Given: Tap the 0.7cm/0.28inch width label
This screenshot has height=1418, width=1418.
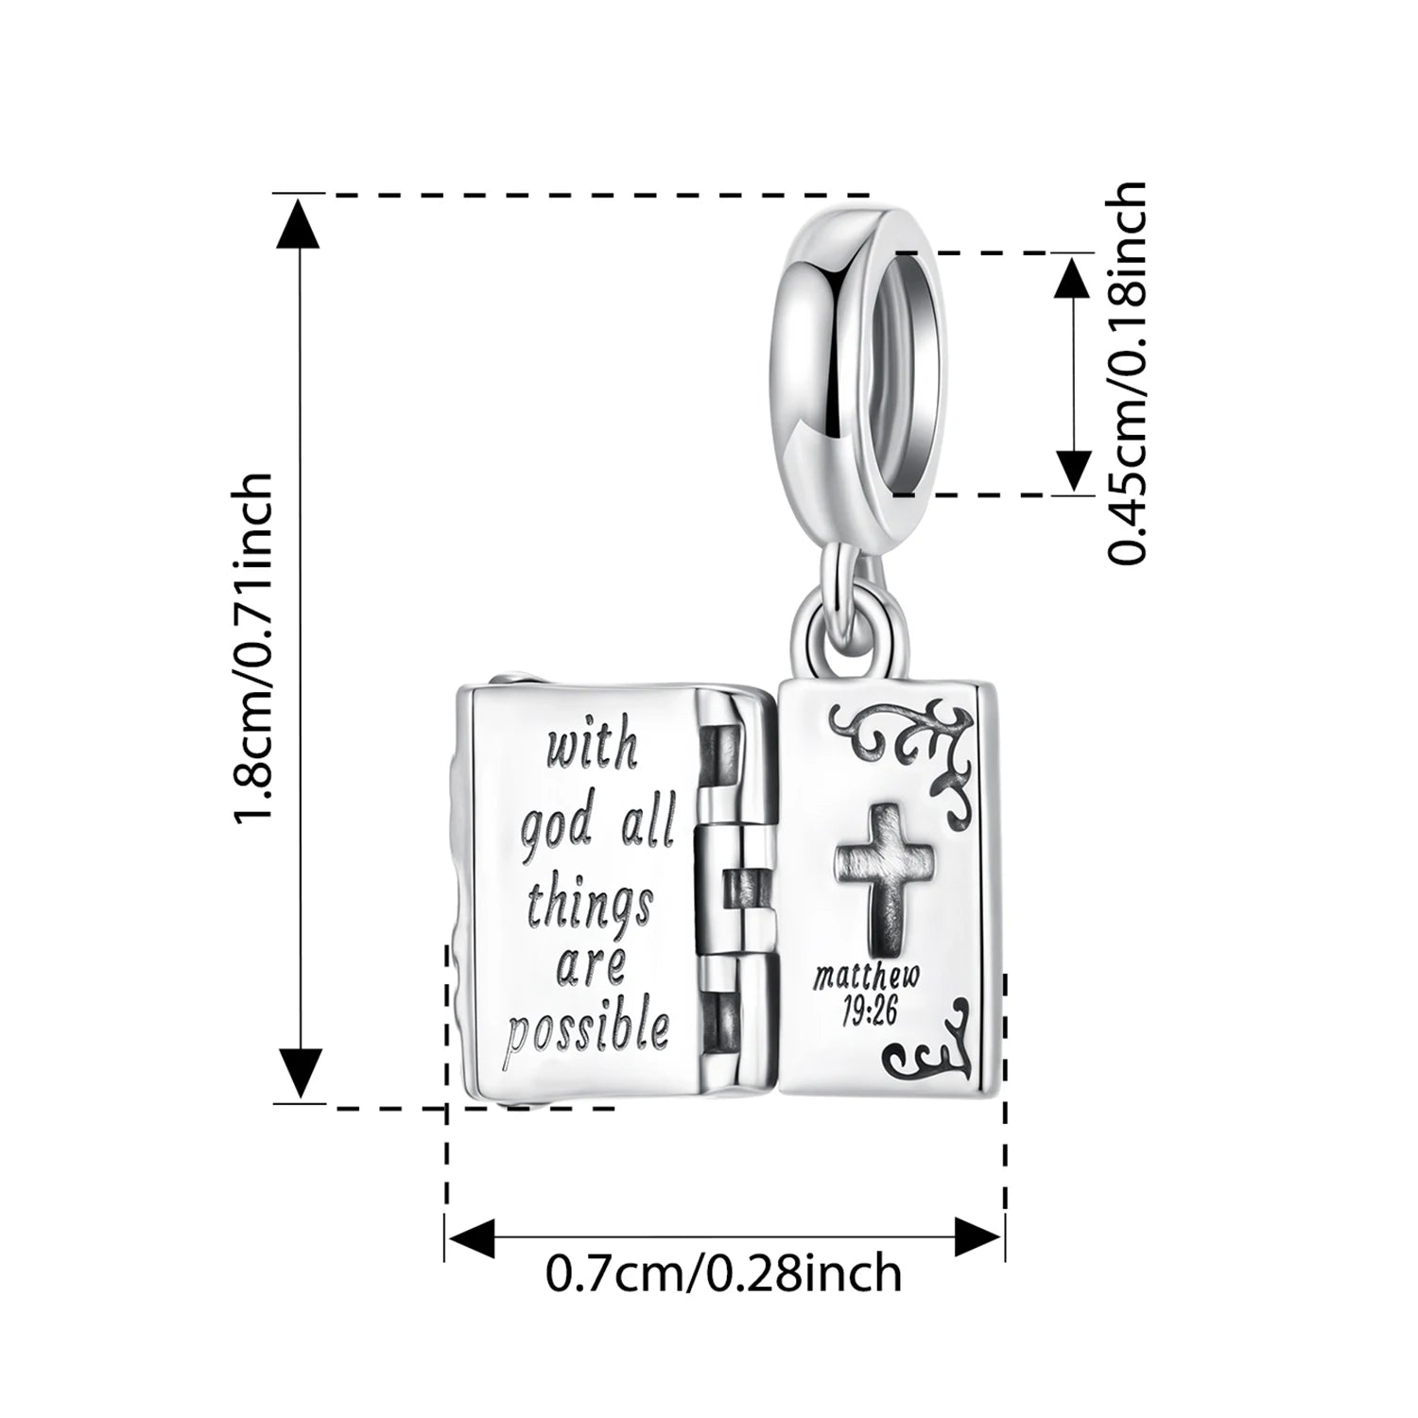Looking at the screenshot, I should (x=723, y=1273).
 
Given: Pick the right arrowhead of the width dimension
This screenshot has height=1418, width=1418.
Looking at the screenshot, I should (x=977, y=1236).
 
